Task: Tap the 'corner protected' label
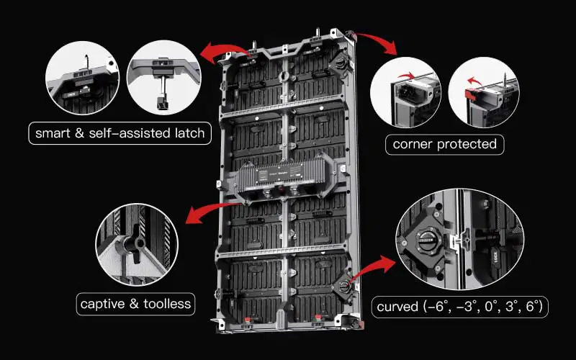pyautogui.click(x=444, y=144)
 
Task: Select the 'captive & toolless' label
pyautogui.click(x=135, y=304)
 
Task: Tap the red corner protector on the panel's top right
pyautogui.click(x=352, y=35)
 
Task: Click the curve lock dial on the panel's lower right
pyautogui.click(x=345, y=286)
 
